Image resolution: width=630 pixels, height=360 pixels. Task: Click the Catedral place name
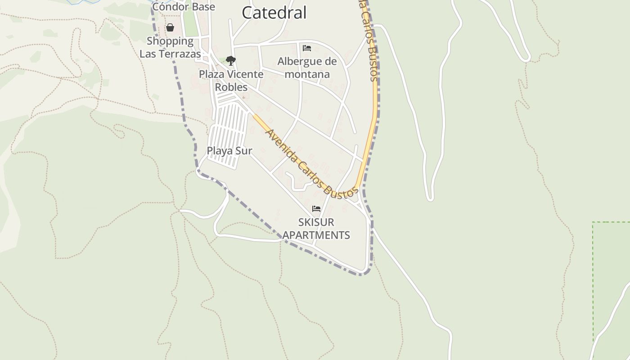(274, 13)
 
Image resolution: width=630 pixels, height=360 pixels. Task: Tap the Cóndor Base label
(184, 7)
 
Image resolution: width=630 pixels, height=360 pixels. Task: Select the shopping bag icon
(170, 27)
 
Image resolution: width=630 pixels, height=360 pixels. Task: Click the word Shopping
(170, 41)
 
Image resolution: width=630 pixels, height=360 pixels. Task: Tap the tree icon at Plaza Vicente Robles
(231, 60)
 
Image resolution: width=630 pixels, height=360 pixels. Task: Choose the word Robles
(231, 87)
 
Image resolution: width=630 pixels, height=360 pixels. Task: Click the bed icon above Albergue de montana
(307, 48)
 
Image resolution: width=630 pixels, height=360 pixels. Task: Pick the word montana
(307, 74)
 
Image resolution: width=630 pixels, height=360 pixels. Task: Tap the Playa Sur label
(229, 151)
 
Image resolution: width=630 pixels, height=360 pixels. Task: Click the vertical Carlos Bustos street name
(370, 40)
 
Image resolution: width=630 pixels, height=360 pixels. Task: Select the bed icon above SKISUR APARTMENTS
(316, 209)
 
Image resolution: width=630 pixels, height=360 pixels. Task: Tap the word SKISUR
(316, 222)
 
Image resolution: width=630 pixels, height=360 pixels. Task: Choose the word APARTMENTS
(316, 235)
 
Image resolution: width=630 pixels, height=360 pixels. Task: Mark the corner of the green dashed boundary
(593, 222)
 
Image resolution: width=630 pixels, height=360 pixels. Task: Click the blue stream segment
(83, 2)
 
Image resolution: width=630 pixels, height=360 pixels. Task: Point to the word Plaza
(213, 74)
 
